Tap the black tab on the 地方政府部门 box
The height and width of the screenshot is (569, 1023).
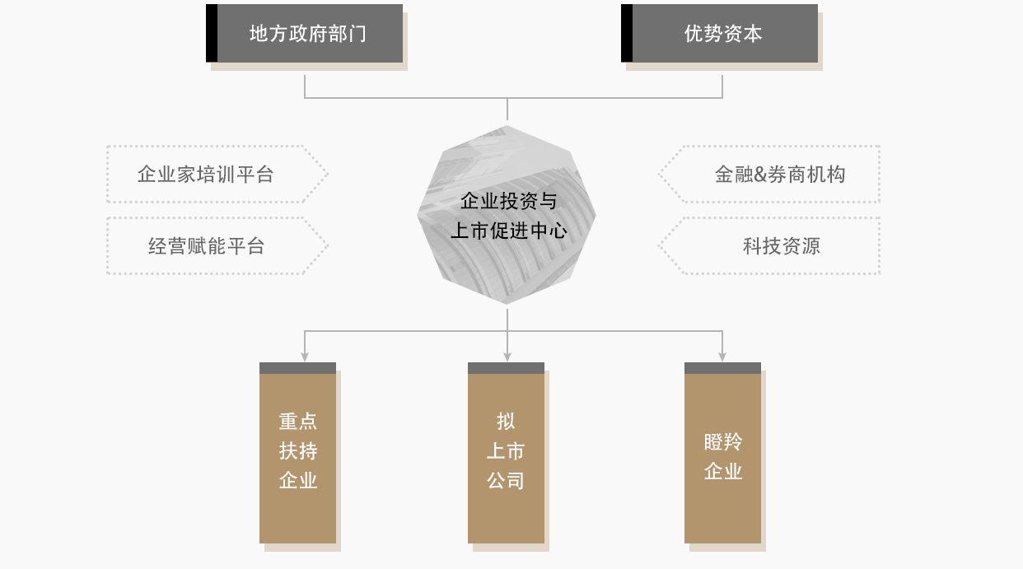pyautogui.click(x=212, y=34)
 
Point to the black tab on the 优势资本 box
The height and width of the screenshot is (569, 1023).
pyautogui.click(x=627, y=34)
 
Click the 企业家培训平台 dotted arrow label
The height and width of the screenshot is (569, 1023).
pyautogui.click(x=206, y=175)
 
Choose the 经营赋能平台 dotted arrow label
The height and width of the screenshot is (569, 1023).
pyautogui.click(x=207, y=246)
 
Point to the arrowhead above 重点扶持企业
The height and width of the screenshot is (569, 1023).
pyautogui.click(x=305, y=357)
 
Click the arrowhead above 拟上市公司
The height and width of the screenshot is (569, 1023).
pyautogui.click(x=507, y=357)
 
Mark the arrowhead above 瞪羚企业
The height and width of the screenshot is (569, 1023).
pyautogui.click(x=722, y=357)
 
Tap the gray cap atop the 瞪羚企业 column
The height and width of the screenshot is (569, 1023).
pyautogui.click(x=722, y=368)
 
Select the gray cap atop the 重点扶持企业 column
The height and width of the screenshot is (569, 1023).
pyautogui.click(x=297, y=368)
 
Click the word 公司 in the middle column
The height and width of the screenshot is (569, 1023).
pyautogui.click(x=506, y=481)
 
